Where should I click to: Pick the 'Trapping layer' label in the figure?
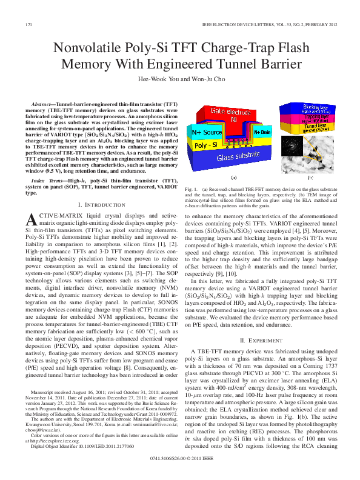click(311, 117)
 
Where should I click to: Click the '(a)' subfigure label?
click(234, 178)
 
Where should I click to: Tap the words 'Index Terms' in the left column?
click(46, 181)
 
